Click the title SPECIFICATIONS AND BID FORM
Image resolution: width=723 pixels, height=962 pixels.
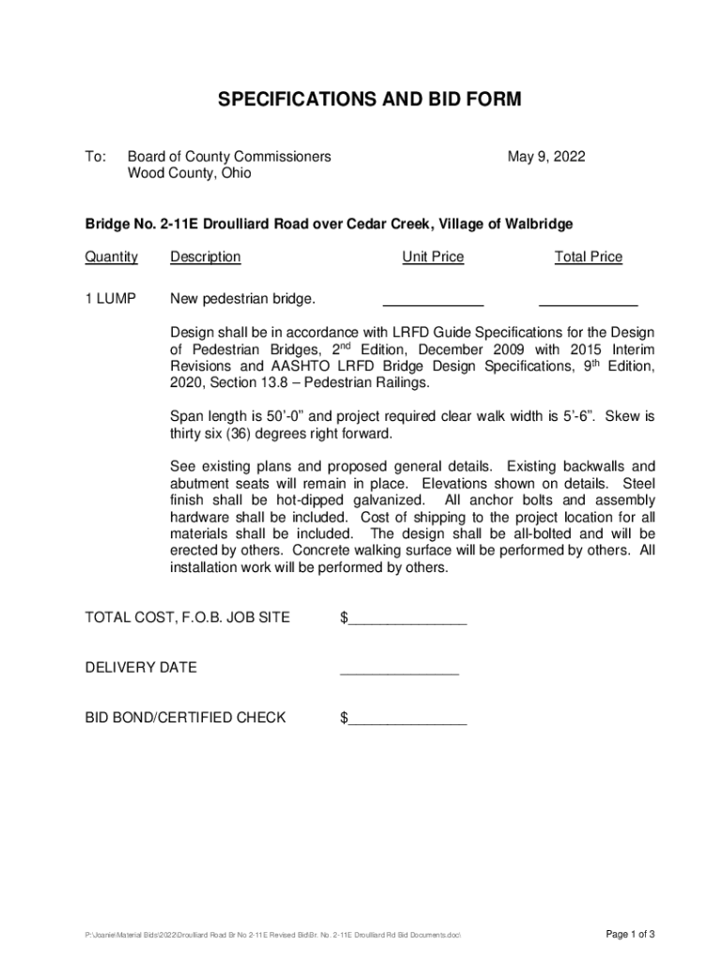pyautogui.click(x=361, y=100)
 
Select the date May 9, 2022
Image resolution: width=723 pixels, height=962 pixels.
pyautogui.click(x=546, y=157)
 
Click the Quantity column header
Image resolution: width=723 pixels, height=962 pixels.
pyautogui.click(x=112, y=257)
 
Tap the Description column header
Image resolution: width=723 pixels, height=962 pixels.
pyautogui.click(x=205, y=257)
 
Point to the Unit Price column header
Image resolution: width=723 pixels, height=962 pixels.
pyautogui.click(x=433, y=257)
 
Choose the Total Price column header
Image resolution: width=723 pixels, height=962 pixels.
pyautogui.click(x=588, y=257)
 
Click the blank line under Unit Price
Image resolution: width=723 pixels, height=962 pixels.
pyautogui.click(x=433, y=304)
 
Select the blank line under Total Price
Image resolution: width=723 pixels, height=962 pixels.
pyautogui.click(x=588, y=304)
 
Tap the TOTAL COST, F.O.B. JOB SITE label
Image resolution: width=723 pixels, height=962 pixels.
pyautogui.click(x=188, y=618)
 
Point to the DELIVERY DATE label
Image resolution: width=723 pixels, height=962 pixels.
pyautogui.click(x=141, y=668)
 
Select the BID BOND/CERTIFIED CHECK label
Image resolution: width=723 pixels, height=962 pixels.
pyautogui.click(x=186, y=719)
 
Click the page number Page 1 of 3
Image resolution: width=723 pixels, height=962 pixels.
pyautogui.click(x=630, y=934)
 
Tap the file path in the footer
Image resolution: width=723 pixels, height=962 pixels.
pyautogui.click(x=273, y=936)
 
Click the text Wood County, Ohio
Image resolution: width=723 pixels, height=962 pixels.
pyautogui.click(x=190, y=174)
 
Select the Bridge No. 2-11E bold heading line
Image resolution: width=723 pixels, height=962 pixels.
pyautogui.click(x=329, y=225)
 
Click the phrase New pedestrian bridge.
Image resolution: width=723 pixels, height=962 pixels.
pyautogui.click(x=242, y=300)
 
